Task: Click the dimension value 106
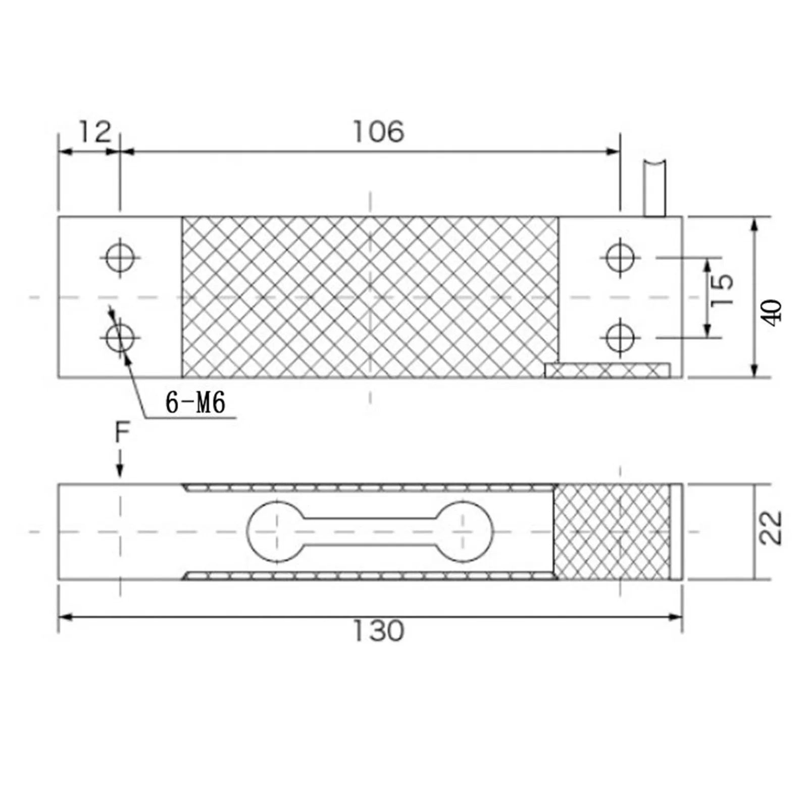(378, 132)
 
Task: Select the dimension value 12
(94, 132)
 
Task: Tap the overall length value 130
(378, 631)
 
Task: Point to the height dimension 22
(771, 528)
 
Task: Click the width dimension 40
(773, 313)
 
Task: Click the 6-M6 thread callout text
(195, 403)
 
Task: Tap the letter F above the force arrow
(122, 433)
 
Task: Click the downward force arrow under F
(120, 465)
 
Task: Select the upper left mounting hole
(120, 258)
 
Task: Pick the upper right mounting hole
(620, 257)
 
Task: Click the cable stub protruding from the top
(654, 188)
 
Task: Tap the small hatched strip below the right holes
(608, 370)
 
